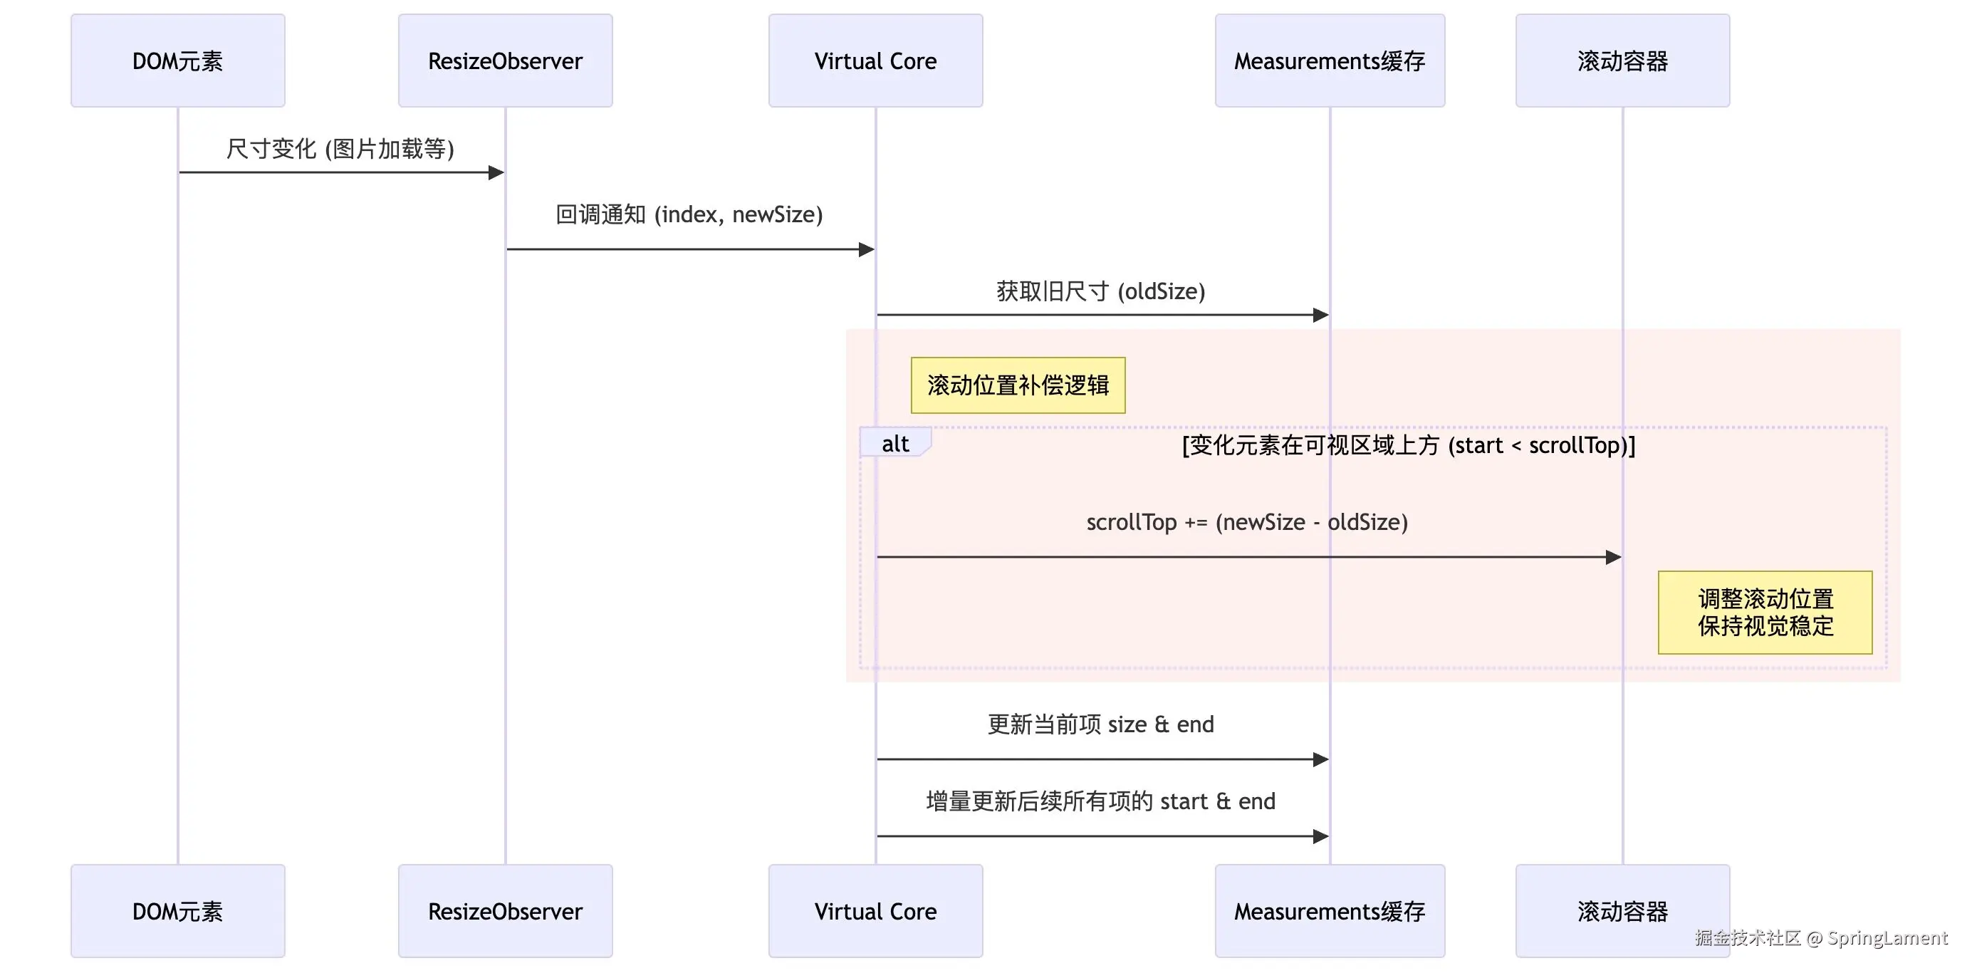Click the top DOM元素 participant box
(177, 61)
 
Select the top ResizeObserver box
(505, 61)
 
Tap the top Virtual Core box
(875, 61)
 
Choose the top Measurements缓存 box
(1330, 61)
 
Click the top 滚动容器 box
(1622, 61)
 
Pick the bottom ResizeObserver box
(505, 911)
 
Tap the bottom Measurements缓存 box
(1330, 911)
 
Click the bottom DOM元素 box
(177, 911)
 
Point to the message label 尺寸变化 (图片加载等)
(340, 149)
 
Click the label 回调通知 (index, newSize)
(689, 214)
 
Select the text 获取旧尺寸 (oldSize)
(1101, 291)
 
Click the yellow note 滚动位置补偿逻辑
(1018, 385)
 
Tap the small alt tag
(894, 443)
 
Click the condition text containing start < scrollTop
(1409, 444)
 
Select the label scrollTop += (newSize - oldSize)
(1247, 522)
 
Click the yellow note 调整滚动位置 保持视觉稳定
(1765, 612)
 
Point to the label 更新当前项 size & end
(1101, 724)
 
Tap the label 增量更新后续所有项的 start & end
(1101, 801)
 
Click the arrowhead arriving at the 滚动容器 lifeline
(1613, 557)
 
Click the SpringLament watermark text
(1887, 938)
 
